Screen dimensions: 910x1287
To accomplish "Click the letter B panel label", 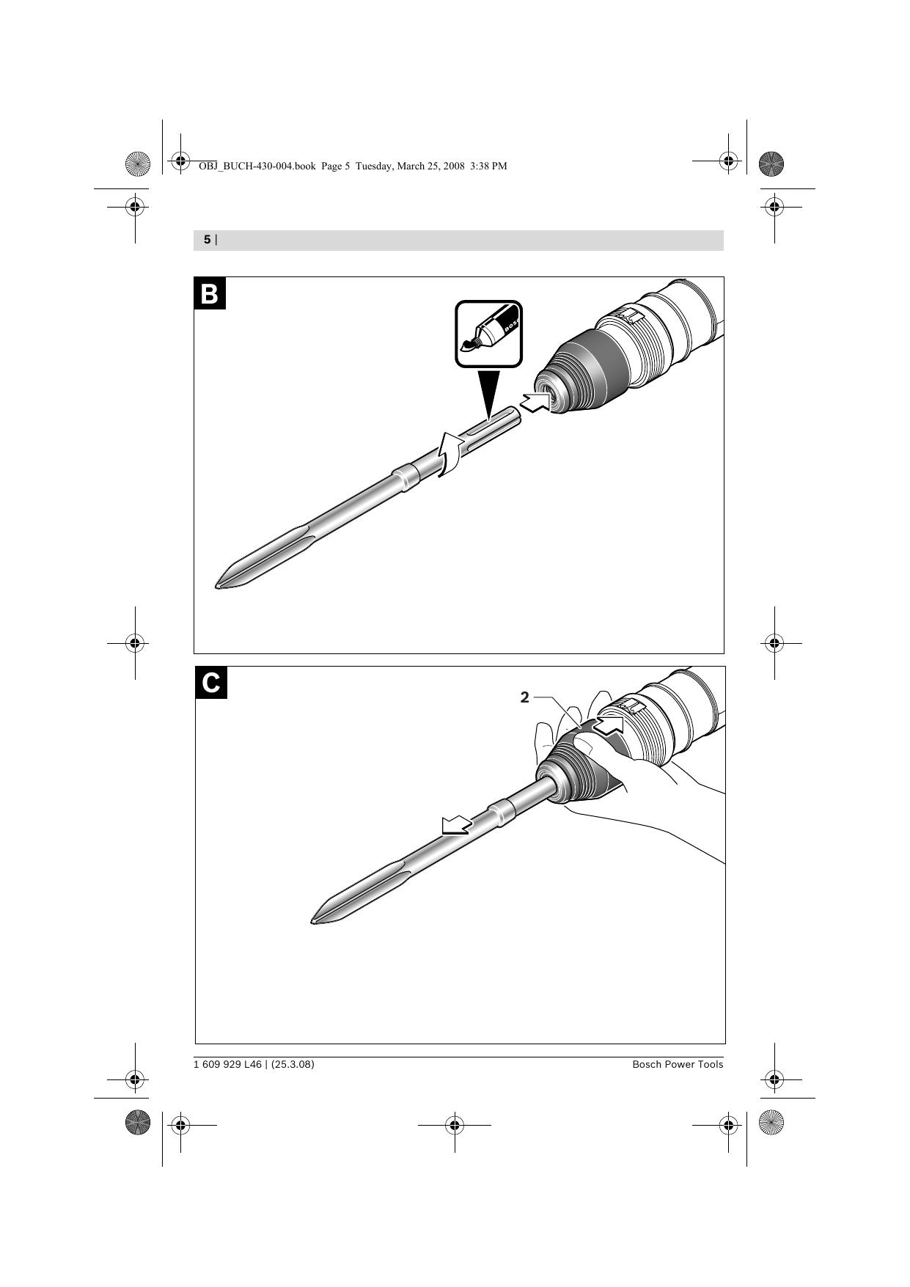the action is pos(210,293).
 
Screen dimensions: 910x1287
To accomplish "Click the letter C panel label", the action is pos(211,683).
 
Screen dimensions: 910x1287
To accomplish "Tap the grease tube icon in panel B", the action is pos(488,333).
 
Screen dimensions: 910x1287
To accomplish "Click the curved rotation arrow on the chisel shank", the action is pos(449,455).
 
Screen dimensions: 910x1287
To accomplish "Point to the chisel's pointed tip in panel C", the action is pos(313,920).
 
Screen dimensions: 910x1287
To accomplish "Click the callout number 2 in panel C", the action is pos(524,697).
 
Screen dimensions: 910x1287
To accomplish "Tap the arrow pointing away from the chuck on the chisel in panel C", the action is pos(455,826).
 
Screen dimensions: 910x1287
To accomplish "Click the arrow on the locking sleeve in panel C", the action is pos(608,726).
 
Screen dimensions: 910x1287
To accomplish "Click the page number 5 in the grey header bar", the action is pos(207,240).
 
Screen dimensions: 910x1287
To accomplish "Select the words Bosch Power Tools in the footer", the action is pos(678,1064).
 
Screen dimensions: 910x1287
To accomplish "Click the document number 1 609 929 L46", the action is pos(227,1064).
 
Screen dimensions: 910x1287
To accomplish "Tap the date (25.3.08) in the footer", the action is pos(293,1064).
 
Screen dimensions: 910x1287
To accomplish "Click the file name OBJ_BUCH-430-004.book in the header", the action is pos(257,166).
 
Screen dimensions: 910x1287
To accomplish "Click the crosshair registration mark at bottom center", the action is pos(454,1124).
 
